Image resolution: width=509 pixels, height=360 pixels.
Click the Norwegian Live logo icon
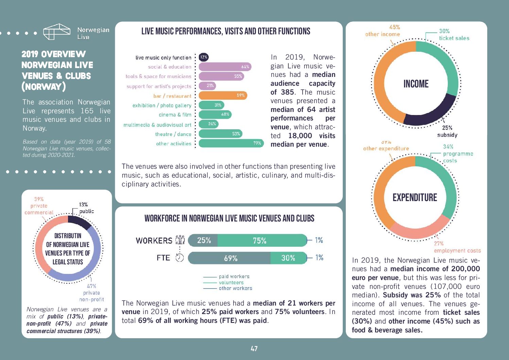tap(56, 32)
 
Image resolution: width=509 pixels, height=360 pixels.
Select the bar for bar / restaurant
tap(223, 96)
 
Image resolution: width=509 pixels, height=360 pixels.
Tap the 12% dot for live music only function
tap(204, 57)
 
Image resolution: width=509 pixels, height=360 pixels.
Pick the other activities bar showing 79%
tap(231, 143)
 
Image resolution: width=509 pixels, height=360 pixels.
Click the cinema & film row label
tap(175, 115)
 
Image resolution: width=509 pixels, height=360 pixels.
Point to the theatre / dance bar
tap(220, 134)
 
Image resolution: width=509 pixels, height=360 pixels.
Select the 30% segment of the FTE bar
tap(288, 258)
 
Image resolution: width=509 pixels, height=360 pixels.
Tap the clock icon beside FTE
tap(180, 258)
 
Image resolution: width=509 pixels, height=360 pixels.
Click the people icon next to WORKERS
tap(180, 240)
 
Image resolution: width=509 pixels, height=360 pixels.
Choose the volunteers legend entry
tap(231, 283)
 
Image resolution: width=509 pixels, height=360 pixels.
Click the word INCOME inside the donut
tap(416, 84)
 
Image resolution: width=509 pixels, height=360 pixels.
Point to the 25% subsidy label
tap(447, 131)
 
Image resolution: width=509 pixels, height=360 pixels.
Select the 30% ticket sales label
tap(454, 35)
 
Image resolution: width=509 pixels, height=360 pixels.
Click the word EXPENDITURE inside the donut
tap(415, 198)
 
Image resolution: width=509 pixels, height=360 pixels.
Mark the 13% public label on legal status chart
tap(86, 208)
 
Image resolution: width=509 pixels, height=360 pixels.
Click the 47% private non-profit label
tap(91, 293)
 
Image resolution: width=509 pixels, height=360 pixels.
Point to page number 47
tap(254, 349)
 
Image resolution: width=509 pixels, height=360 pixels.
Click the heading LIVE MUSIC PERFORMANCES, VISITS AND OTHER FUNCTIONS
tap(226, 32)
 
